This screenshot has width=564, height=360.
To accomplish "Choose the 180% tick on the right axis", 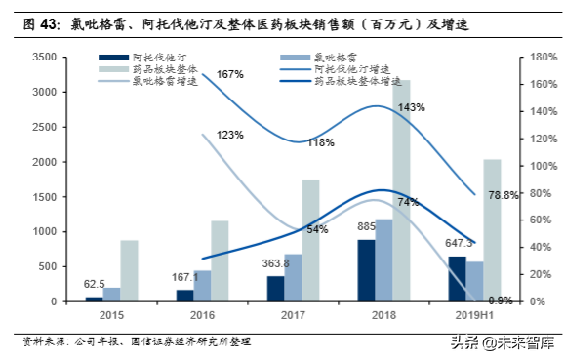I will (530, 58).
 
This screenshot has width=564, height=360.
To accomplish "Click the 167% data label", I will (229, 75).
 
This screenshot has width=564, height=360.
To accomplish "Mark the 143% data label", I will (411, 107).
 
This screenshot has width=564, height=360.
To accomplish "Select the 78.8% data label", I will (502, 196).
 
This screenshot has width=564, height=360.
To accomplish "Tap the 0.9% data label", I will (500, 300).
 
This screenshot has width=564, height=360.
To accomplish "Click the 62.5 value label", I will (94, 285).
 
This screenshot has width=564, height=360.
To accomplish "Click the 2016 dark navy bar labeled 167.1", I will (184, 296).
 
